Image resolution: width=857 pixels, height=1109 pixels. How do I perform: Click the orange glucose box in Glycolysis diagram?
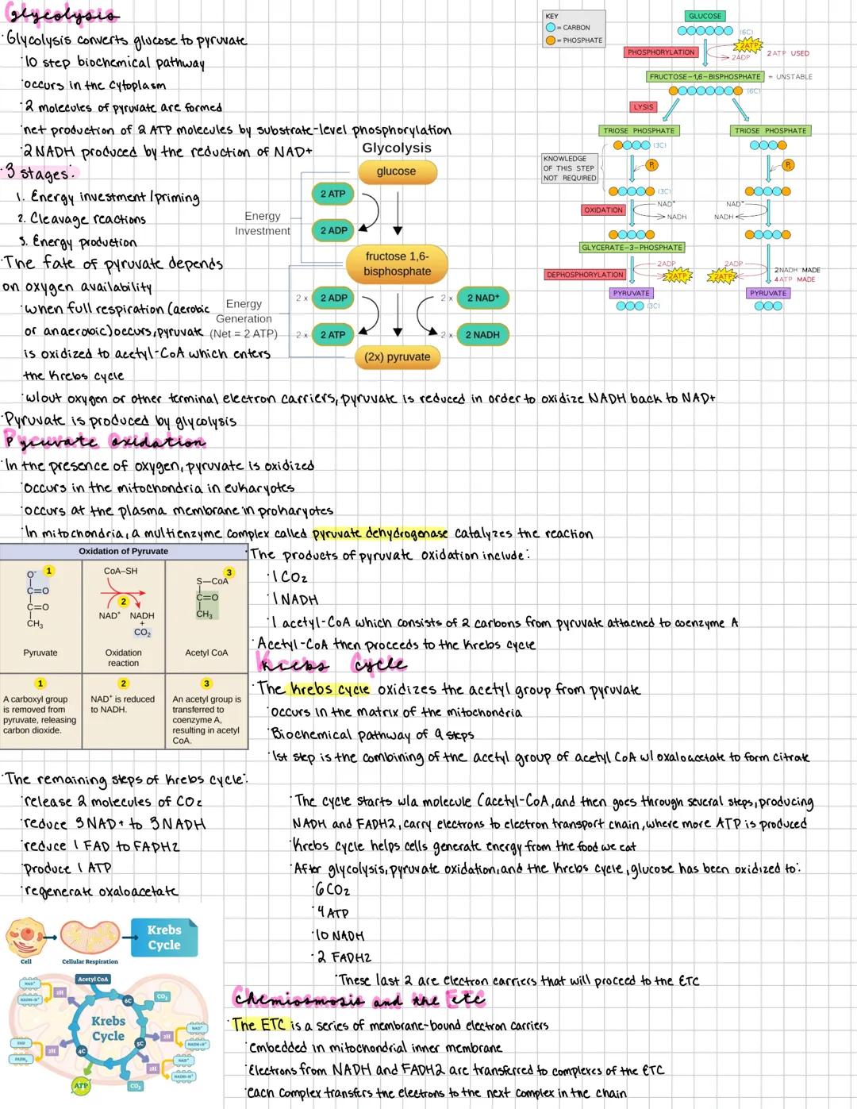[x=396, y=171]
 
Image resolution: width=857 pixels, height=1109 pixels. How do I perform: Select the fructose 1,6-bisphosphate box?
[x=397, y=264]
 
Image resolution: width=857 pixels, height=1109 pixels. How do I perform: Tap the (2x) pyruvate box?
[x=397, y=357]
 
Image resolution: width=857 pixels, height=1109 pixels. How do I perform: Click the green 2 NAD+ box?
[x=483, y=298]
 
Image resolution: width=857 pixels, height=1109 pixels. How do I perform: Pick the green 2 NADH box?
[x=482, y=335]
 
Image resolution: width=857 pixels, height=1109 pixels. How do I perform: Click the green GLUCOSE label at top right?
[x=705, y=16]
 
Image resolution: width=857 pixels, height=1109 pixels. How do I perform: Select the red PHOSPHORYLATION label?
[x=661, y=52]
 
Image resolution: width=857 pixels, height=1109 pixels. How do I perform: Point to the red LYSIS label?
[x=643, y=107]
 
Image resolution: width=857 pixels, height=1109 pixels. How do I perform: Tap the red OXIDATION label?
[x=603, y=210]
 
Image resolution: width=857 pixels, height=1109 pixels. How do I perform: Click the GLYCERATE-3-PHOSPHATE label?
[x=632, y=248]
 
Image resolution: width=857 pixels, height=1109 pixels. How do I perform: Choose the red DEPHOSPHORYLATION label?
[x=585, y=275]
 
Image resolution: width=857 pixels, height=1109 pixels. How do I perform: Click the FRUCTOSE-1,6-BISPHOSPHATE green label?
[x=705, y=77]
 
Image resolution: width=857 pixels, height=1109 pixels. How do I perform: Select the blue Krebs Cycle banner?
[x=164, y=938]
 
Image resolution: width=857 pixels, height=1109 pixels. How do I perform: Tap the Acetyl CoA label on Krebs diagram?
[x=93, y=979]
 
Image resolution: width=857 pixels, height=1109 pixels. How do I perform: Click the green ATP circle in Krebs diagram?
[x=80, y=1085]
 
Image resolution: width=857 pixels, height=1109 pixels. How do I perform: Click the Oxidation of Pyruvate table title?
[x=123, y=551]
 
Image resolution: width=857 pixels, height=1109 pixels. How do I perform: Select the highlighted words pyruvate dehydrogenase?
[x=380, y=533]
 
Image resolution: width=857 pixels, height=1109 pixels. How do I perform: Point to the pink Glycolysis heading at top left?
[x=62, y=15]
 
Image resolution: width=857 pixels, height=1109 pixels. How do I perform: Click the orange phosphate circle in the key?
[x=551, y=40]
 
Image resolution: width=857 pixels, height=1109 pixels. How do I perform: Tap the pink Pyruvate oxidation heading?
[x=105, y=441]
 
